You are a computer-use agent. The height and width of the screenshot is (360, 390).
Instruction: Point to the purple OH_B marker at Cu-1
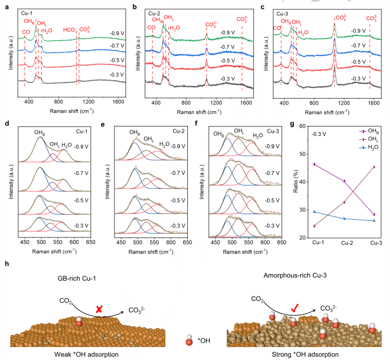314,164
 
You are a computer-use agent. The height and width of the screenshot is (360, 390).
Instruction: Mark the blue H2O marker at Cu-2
344,219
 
